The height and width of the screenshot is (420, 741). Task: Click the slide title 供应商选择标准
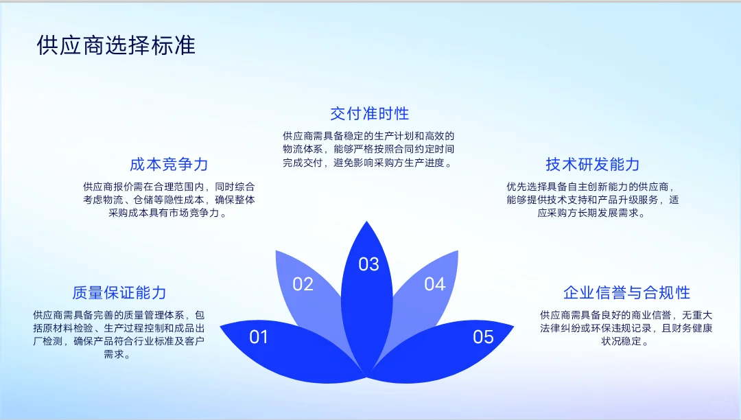(116, 45)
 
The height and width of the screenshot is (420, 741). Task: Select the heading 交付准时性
(369, 113)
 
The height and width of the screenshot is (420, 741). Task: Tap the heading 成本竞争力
(169, 165)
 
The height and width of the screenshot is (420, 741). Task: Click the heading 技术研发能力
(592, 164)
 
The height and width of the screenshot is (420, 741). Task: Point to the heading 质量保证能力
(119, 293)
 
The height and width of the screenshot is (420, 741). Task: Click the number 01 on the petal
(259, 337)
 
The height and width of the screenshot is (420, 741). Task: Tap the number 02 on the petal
(303, 284)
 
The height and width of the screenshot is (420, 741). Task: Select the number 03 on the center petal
(369, 264)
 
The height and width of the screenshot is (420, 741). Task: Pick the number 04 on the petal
(434, 284)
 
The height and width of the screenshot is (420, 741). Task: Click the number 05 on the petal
(483, 337)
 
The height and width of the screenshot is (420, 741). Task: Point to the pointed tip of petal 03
(369, 222)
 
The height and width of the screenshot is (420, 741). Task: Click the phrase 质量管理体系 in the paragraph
(152, 315)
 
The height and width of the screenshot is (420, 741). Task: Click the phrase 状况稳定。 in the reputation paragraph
(625, 341)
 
